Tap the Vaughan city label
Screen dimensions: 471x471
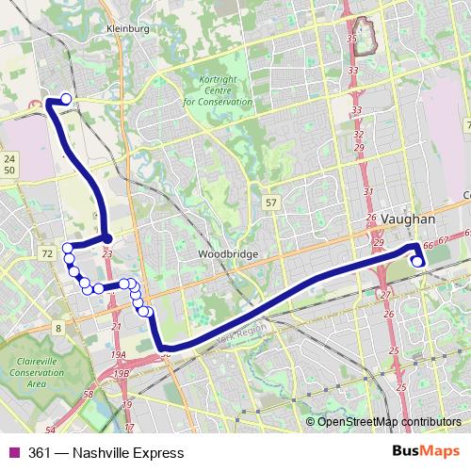tap(407, 219)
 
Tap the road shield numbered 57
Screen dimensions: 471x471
tap(271, 203)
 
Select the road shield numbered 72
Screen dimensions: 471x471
tap(46, 255)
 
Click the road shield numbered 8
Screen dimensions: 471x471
tap(58, 328)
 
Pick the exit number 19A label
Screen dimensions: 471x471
tap(118, 355)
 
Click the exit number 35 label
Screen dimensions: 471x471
tap(352, 39)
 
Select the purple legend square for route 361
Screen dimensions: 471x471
tap(12, 453)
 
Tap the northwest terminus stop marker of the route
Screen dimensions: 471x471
tap(66, 99)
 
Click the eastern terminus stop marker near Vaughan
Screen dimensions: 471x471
tap(417, 261)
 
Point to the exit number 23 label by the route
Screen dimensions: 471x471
tap(107, 253)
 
